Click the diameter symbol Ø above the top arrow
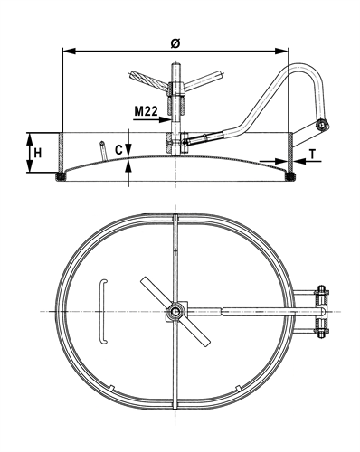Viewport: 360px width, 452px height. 175,43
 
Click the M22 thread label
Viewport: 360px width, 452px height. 146,111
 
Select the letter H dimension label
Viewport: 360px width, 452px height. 37,154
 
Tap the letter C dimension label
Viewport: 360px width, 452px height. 119,150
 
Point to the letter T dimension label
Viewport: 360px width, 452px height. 313,155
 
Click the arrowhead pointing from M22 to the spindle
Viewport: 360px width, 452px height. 166,119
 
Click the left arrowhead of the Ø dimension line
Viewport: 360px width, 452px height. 68,52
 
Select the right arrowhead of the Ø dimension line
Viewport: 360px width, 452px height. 282,52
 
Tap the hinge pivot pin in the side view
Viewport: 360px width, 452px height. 323,125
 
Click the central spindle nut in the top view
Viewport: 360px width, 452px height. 175,311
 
